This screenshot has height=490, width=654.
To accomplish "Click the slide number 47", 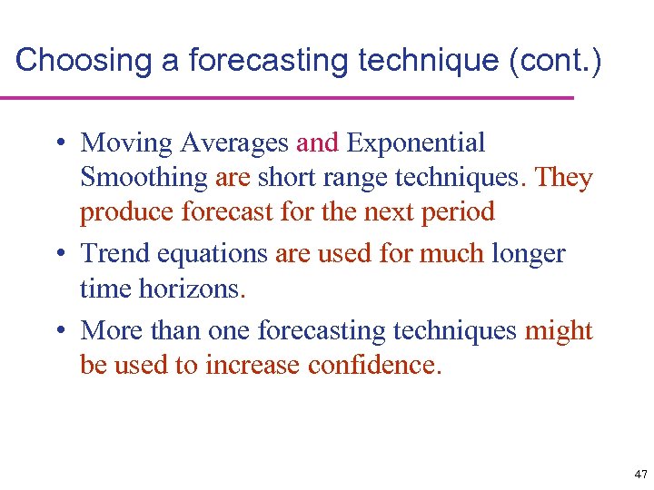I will (x=641, y=475).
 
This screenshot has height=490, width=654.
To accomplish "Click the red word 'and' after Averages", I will (x=317, y=142).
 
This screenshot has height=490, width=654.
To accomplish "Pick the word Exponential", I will (x=416, y=142).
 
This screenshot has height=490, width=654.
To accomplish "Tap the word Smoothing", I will (x=144, y=177).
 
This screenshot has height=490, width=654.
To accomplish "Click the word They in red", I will (x=564, y=177).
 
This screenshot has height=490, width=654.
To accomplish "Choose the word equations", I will (x=211, y=254).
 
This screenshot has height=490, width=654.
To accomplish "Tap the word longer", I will (x=529, y=254).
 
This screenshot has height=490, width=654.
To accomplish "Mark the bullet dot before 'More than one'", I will (x=58, y=331).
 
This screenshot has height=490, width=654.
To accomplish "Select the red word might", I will (x=559, y=331).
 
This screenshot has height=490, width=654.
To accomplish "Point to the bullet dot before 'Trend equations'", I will (x=58, y=255).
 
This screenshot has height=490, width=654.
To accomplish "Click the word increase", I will (x=253, y=366).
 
